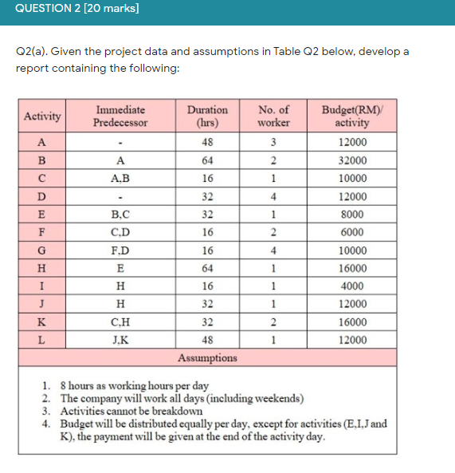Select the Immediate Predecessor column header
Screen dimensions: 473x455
click(x=120, y=116)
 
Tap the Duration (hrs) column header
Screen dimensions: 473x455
click(x=206, y=116)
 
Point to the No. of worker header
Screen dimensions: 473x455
click(x=273, y=116)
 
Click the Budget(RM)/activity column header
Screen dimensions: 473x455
click(x=351, y=116)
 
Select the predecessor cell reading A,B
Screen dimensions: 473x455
click(x=120, y=179)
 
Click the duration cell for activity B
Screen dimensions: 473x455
click(x=206, y=160)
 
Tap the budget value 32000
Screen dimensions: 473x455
click(x=351, y=160)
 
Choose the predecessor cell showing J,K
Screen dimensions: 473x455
click(x=120, y=340)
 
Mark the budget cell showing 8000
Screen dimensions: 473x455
click(x=351, y=215)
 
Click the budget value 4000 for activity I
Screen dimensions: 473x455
click(x=351, y=286)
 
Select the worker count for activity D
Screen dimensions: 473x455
click(x=273, y=196)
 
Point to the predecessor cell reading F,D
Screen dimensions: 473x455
click(x=120, y=250)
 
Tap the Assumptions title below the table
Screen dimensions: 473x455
click(x=207, y=357)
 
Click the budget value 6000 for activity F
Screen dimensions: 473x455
click(x=351, y=232)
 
